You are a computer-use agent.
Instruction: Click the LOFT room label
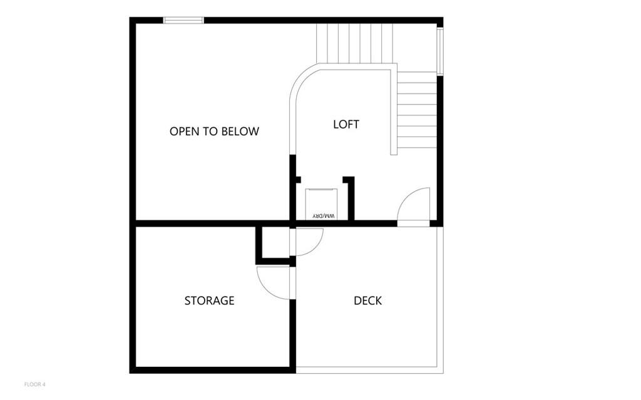[x=346, y=125]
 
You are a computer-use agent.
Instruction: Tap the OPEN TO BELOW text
[x=214, y=131]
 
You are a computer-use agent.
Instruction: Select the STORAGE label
[x=209, y=300]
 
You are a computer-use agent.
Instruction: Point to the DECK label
[x=367, y=300]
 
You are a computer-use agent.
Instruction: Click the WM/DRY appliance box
[x=321, y=204]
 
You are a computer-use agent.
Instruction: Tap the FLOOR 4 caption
[x=35, y=384]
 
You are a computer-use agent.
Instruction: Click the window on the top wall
[x=183, y=20]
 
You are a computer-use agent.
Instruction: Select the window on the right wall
[x=440, y=51]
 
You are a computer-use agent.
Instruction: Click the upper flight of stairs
[x=354, y=43]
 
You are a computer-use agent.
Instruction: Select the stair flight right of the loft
[x=417, y=110]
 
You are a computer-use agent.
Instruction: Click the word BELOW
[x=241, y=131]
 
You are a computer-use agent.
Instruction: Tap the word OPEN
[x=183, y=131]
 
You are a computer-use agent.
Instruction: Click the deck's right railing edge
[x=440, y=300]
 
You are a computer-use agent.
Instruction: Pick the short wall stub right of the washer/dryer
[x=351, y=198]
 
